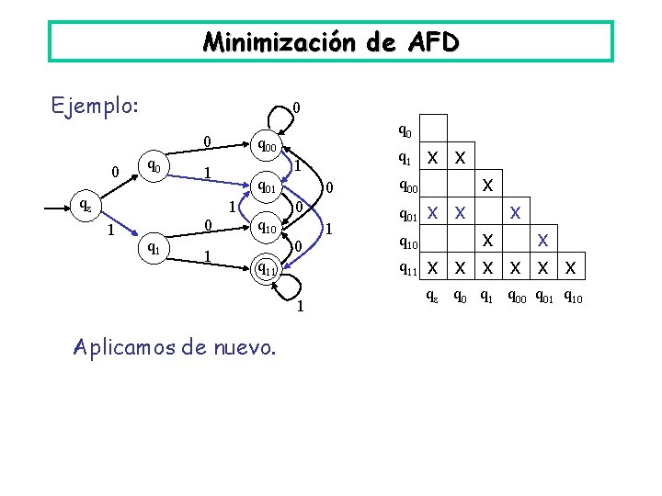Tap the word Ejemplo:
[x=96, y=106]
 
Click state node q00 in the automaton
[x=268, y=145]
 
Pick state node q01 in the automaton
[x=268, y=187]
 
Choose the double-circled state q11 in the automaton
[x=268, y=268]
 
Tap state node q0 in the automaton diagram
[x=154, y=166]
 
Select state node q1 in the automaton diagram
[x=154, y=245]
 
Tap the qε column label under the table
[x=430, y=297]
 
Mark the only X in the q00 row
[x=487, y=185]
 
